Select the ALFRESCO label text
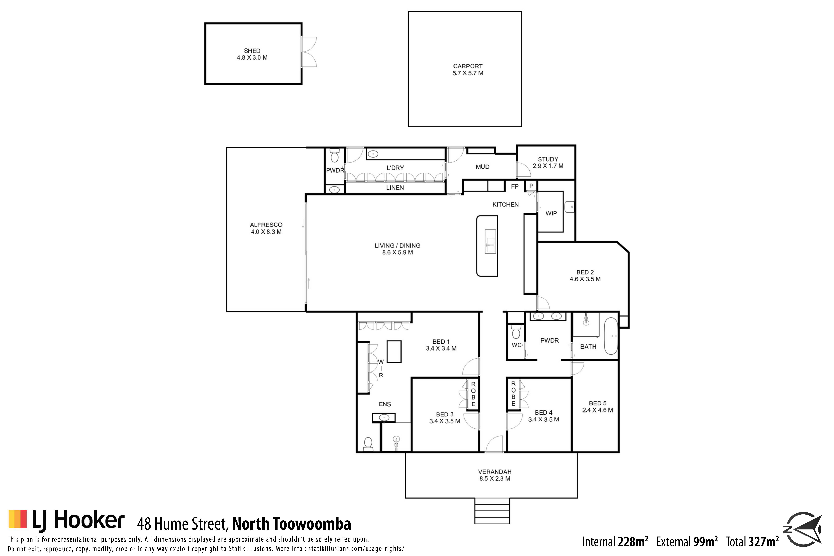pyautogui.click(x=266, y=225)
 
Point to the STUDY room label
pyautogui.click(x=548, y=159)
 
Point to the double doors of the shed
pyautogui.click(x=308, y=52)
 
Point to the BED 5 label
pyautogui.click(x=598, y=403)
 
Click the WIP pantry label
pyautogui.click(x=551, y=213)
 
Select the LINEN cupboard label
pyautogui.click(x=395, y=188)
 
